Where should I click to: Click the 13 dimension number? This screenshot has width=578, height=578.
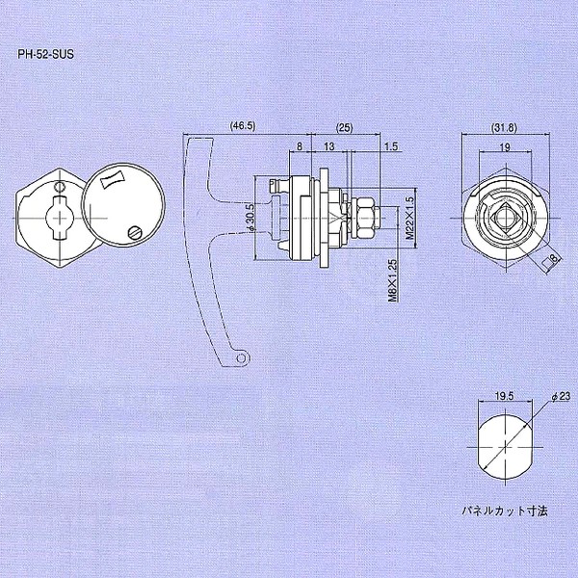(330, 148)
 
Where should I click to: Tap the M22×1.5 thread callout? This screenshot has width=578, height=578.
(409, 218)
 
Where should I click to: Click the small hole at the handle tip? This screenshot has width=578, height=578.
(241, 358)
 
